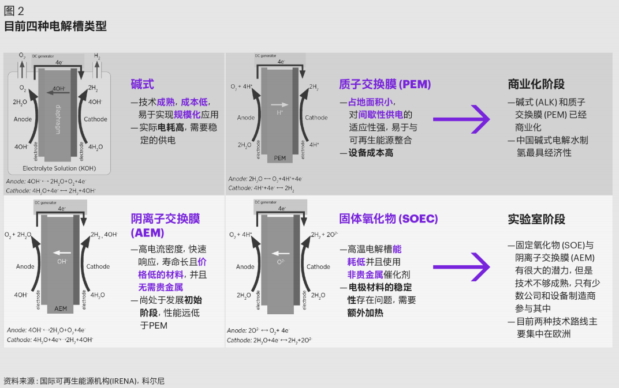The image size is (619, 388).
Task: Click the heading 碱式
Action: pyautogui.click(x=143, y=84)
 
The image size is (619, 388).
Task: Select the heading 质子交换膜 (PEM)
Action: pyautogui.click(x=385, y=84)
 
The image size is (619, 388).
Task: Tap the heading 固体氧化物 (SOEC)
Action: pyautogui.click(x=388, y=219)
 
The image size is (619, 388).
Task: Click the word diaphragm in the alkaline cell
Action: pyautogui.click(x=58, y=119)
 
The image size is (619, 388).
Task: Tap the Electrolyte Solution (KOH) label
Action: pyautogui.click(x=59, y=168)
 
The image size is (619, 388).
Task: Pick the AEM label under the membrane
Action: pyautogui.click(x=61, y=308)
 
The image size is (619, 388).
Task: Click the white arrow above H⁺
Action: pyautogui.click(x=279, y=104)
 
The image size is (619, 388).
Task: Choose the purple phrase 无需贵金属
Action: pyautogui.click(x=161, y=287)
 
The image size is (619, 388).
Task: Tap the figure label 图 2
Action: pyautogui.click(x=14, y=11)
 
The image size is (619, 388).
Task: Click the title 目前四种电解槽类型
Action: pyautogui.click(x=55, y=27)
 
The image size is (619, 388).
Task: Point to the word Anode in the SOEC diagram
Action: pyautogui.click(x=245, y=267)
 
